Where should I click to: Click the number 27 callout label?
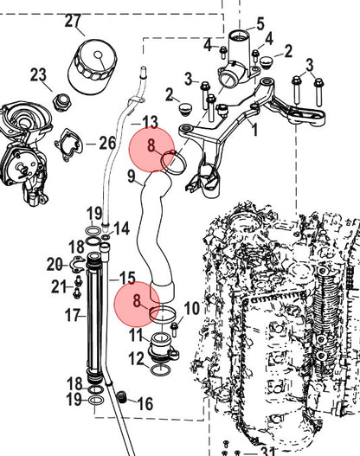coord(73,21)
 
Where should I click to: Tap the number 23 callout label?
coord(38,75)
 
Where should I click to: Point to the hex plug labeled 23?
coord(61,102)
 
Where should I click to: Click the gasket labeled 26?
coord(69,145)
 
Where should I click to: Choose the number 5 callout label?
coord(260,24)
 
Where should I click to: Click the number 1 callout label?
coord(254,130)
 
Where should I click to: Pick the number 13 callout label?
coord(150,123)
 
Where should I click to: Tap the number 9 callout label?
coord(132,177)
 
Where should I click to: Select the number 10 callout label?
coord(191,308)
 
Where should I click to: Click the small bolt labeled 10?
coord(174,329)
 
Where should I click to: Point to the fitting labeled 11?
coord(164,349)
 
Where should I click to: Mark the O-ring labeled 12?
coord(160,369)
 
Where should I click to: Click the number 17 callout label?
coord(73,315)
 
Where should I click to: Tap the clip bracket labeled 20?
coord(77,264)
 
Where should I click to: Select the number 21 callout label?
coord(59,287)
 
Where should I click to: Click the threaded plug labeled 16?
coord(122,396)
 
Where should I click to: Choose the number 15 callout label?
coord(128,279)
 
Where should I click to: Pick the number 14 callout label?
coord(121,228)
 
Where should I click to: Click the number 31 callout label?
coord(267,450)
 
